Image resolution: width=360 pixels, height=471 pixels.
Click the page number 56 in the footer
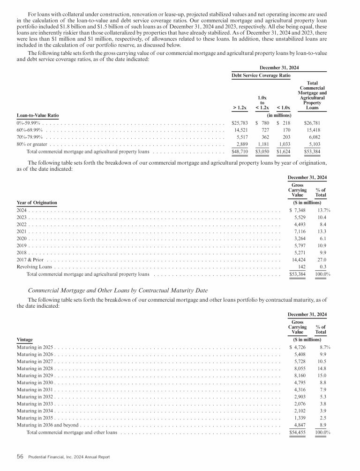click(x=20, y=456)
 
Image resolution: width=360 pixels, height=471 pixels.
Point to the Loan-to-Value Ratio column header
click(x=37, y=115)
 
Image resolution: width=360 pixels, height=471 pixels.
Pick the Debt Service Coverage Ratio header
click(x=261, y=75)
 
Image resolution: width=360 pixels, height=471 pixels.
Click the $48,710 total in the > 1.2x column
click(x=240, y=152)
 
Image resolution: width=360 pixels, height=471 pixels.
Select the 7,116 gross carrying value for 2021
click(x=299, y=231)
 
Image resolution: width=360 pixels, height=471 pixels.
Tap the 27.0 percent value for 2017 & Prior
click(x=322, y=259)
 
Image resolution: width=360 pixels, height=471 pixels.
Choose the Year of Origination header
click(x=37, y=203)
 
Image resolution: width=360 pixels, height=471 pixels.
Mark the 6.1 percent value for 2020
click(x=322, y=238)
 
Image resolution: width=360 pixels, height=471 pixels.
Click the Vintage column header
click(x=24, y=339)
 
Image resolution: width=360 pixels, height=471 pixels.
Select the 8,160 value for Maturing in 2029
click(x=299, y=376)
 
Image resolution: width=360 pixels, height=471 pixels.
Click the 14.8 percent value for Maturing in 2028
click(x=322, y=368)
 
